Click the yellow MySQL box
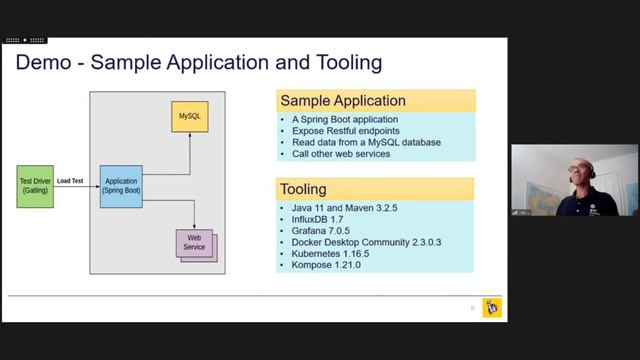[190, 117]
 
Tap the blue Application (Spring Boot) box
[121, 186]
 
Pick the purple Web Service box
[194, 242]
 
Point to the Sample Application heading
[343, 101]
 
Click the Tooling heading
[304, 189]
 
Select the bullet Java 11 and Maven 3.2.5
[346, 207]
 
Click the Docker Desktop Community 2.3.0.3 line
[366, 242]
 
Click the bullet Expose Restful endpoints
[342, 130]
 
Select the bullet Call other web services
[341, 154]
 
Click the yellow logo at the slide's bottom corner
[491, 307]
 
